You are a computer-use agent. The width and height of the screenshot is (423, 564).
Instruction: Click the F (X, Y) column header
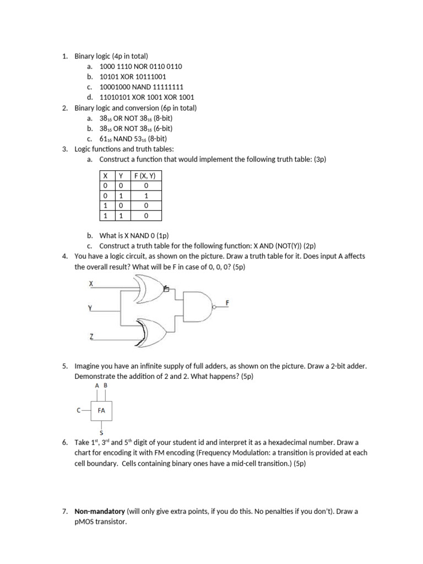pyautogui.click(x=146, y=177)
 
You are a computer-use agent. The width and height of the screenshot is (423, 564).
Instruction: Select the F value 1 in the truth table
pyautogui.click(x=146, y=196)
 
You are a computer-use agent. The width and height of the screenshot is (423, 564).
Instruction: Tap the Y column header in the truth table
pyautogui.click(x=120, y=177)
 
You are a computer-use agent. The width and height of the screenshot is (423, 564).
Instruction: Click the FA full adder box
pyautogui.click(x=101, y=410)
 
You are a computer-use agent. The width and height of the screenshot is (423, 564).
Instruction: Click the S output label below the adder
pyautogui.click(x=101, y=433)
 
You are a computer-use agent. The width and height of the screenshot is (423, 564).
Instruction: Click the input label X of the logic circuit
pyautogui.click(x=91, y=283)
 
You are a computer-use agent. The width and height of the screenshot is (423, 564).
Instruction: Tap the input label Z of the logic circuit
pyautogui.click(x=91, y=335)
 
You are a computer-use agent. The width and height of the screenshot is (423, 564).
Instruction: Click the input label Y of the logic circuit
pyautogui.click(x=90, y=309)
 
